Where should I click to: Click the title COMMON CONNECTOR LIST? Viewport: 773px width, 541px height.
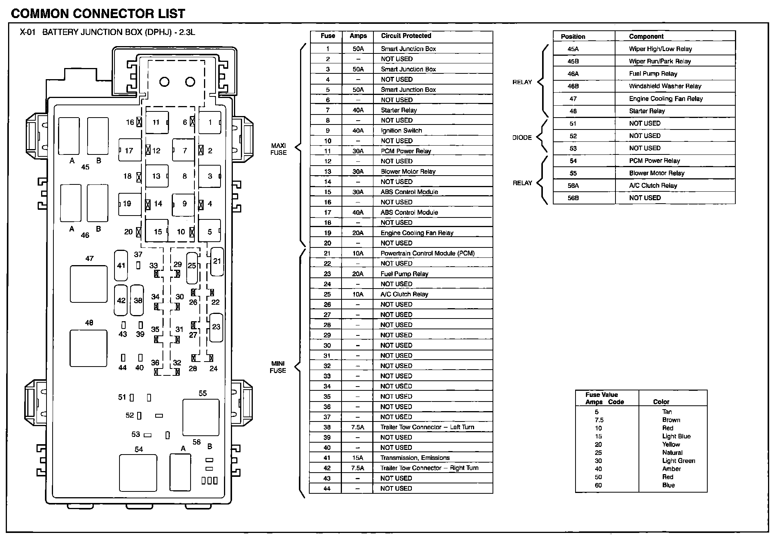(98, 14)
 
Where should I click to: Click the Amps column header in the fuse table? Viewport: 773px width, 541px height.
(358, 36)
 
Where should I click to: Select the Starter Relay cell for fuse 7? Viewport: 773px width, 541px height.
(399, 110)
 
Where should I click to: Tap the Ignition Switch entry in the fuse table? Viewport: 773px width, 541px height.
(401, 131)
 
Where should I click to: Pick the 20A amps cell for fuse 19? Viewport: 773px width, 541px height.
(358, 233)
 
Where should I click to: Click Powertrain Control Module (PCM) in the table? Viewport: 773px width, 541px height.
(427, 254)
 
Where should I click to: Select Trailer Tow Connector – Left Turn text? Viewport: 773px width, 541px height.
(427, 427)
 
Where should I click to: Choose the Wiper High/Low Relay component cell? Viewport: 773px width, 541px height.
(660, 49)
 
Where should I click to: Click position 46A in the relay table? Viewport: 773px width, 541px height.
(573, 74)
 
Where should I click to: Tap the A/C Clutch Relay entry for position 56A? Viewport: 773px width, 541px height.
(653, 186)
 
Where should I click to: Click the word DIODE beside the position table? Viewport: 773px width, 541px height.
(522, 138)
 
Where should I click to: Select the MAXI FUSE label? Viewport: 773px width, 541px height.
(279, 149)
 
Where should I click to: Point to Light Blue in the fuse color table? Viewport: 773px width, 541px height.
(676, 436)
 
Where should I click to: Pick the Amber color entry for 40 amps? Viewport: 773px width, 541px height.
(671, 469)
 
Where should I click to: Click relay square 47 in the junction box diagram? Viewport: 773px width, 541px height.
(89, 284)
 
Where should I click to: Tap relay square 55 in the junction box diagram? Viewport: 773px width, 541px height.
(201, 417)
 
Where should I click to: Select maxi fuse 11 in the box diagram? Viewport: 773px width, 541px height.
(157, 123)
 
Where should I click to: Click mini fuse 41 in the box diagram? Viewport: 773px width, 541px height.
(121, 266)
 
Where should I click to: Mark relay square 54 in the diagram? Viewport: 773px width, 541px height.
(138, 473)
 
